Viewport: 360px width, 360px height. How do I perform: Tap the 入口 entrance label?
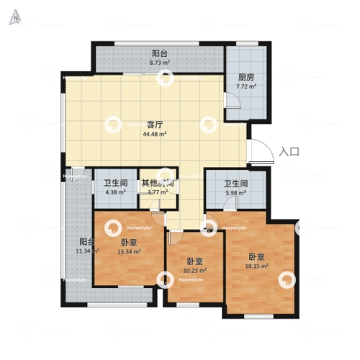289,151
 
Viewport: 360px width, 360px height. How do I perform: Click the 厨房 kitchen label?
247,78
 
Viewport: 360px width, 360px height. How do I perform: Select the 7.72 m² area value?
247,88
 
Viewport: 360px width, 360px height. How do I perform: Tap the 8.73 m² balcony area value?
160,63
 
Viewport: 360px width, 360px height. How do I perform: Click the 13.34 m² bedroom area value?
130,252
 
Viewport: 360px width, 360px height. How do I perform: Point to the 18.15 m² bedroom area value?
258,266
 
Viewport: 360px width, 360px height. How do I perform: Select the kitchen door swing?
233,112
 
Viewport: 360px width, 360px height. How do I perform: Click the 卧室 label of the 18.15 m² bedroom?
258,256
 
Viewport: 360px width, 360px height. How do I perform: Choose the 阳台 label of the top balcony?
160,53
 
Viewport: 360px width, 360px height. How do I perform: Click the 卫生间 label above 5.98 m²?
235,183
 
